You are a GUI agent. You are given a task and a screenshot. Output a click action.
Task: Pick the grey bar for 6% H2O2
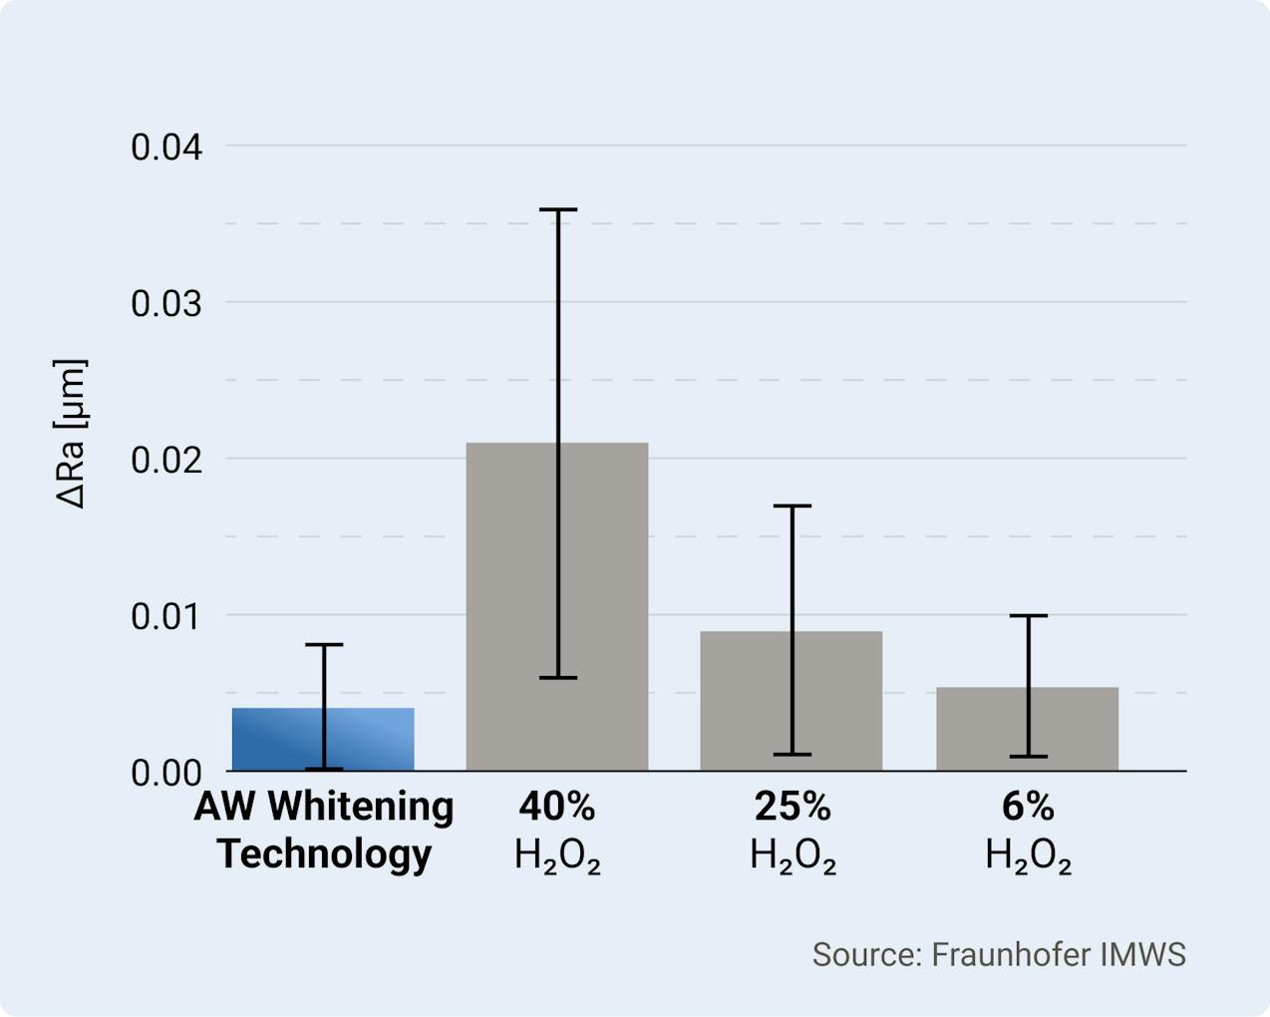[x=1077, y=729]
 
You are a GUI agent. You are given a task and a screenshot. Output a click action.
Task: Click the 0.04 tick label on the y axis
[x=166, y=148]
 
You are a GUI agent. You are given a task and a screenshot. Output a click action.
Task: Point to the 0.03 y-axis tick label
[x=166, y=303]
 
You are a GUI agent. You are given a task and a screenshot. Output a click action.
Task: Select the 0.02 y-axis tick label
[x=166, y=460]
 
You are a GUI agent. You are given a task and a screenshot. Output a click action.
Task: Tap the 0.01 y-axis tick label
[x=166, y=616]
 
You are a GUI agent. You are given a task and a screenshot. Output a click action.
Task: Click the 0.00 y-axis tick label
[x=166, y=773]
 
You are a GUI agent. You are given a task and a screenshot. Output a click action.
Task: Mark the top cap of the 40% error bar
[x=557, y=210]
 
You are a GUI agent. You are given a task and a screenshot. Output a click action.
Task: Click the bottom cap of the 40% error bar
[x=557, y=678]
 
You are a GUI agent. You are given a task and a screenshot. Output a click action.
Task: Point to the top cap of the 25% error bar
[x=793, y=507]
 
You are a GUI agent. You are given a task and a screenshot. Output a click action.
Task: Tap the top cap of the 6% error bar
[x=1028, y=616]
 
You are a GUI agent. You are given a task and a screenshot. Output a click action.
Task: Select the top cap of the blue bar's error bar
[x=324, y=645]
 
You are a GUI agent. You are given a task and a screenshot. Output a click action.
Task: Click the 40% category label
[x=557, y=807]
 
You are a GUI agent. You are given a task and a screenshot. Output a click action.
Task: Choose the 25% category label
[x=793, y=807]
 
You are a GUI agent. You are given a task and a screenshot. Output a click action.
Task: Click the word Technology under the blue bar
[x=324, y=854]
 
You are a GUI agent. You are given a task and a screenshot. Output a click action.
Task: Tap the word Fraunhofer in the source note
[x=1011, y=954]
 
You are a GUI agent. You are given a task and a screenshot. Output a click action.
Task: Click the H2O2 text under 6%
[x=1028, y=856]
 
